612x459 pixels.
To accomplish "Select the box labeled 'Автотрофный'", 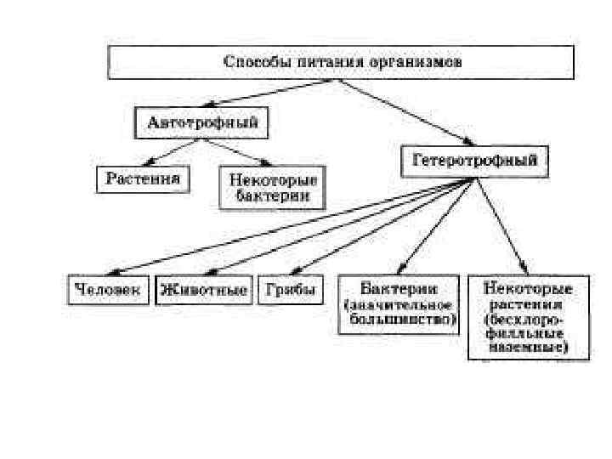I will (202, 122).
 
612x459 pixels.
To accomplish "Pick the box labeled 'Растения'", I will (143, 179).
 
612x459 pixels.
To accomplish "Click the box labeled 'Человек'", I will (108, 290).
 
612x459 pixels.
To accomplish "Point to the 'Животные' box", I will (204, 290).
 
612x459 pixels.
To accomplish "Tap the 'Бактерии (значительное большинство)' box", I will (398, 303).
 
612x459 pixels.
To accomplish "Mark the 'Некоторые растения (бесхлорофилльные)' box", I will (527, 315).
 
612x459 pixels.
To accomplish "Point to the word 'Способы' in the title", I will (252, 62).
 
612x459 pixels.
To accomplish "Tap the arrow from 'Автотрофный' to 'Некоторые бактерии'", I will (240, 154).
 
